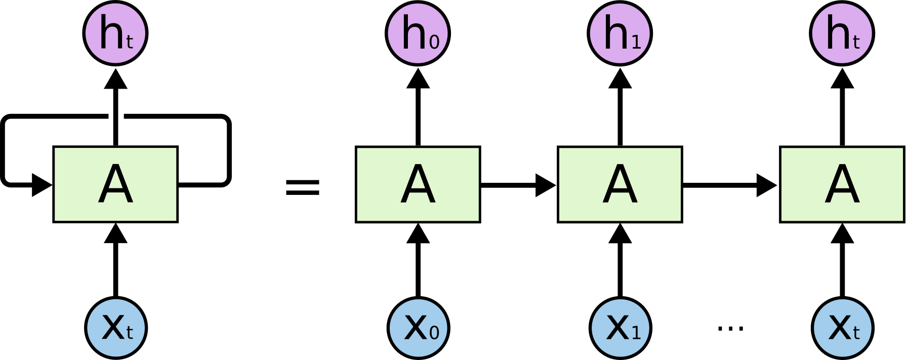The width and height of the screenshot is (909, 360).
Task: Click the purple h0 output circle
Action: pyautogui.click(x=418, y=33)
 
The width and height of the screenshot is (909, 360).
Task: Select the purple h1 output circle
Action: pyautogui.click(x=620, y=33)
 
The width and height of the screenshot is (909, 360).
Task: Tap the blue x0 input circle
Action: pyautogui.click(x=418, y=328)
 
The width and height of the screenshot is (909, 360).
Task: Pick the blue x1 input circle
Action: pyautogui.click(x=621, y=328)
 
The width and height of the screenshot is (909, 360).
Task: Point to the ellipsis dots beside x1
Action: pyautogui.click(x=730, y=328)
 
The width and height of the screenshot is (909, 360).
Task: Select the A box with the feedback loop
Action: pyautogui.click(x=115, y=184)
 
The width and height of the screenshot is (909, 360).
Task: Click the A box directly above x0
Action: pyautogui.click(x=418, y=184)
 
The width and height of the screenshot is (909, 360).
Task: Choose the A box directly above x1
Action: pyautogui.click(x=620, y=184)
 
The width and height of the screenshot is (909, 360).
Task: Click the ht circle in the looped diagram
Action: pyautogui.click(x=115, y=33)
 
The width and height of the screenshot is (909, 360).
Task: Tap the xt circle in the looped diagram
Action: pyautogui.click(x=116, y=328)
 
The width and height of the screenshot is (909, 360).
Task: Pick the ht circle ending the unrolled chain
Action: pyautogui.click(x=842, y=33)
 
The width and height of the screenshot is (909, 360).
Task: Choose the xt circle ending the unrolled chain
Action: pyautogui.click(x=843, y=328)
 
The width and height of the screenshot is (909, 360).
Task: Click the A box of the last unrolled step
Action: pyautogui.click(x=842, y=184)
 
